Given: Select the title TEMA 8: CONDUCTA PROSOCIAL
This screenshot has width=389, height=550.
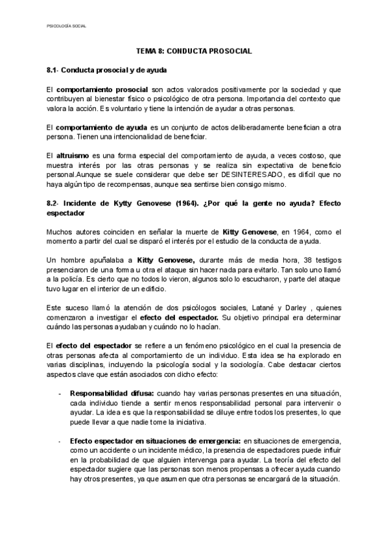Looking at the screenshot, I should pyautogui.click(x=194, y=50).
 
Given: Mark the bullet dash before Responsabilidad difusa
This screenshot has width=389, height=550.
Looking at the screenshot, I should pyautogui.click(x=60, y=393).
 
